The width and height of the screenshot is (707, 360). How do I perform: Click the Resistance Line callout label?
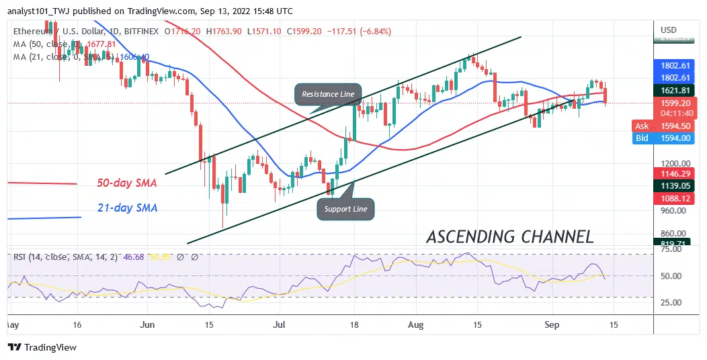click(x=328, y=95)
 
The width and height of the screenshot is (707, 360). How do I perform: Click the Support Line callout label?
click(x=345, y=209)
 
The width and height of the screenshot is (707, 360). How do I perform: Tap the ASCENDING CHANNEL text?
click(x=510, y=236)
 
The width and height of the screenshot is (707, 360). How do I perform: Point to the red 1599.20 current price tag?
click(x=676, y=104)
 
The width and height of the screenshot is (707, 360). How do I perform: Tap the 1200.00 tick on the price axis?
click(x=676, y=164)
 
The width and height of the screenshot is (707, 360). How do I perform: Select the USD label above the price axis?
click(x=669, y=30)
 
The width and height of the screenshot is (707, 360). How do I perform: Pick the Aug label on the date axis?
click(x=415, y=324)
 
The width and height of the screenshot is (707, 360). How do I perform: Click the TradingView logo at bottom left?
click(x=43, y=347)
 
